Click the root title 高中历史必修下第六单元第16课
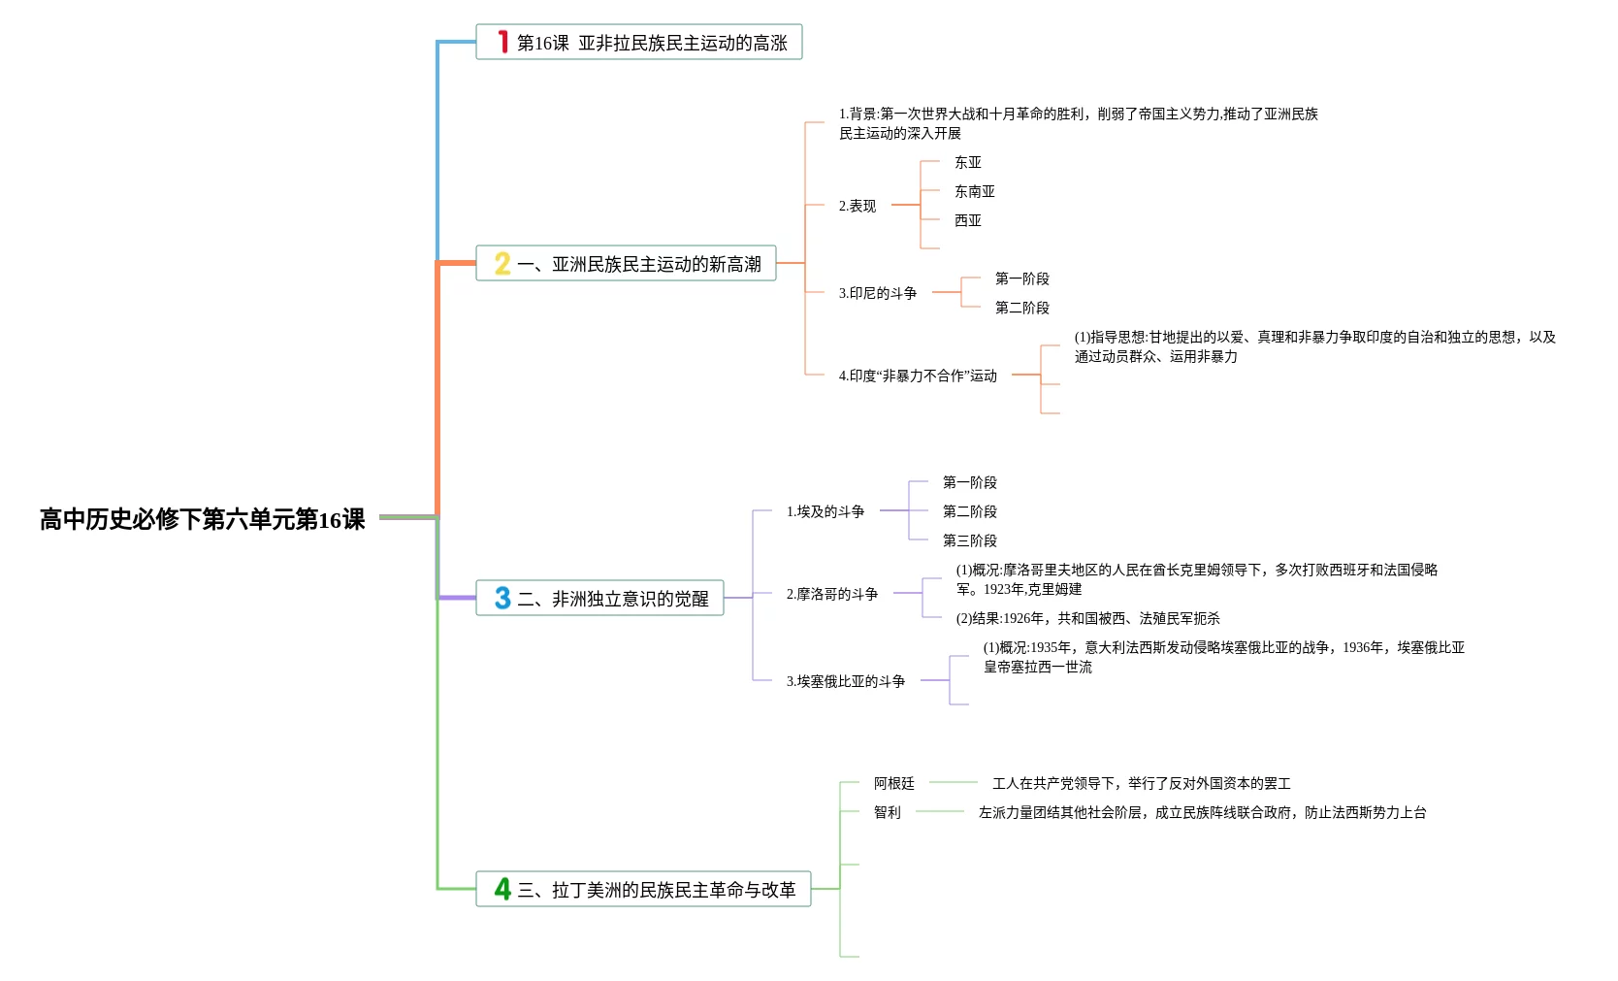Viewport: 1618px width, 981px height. click(202, 519)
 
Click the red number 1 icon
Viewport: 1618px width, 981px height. click(502, 42)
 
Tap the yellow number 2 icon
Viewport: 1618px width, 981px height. click(502, 263)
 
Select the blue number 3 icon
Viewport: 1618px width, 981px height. click(502, 598)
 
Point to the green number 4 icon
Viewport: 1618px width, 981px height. click(502, 889)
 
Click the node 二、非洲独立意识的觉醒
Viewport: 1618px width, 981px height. click(612, 599)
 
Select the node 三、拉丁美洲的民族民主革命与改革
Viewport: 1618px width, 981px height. click(656, 890)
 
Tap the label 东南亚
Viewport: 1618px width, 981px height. click(974, 191)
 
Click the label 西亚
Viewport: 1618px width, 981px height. click(967, 220)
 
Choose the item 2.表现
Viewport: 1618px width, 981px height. click(857, 206)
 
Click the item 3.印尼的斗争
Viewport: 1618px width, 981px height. click(877, 293)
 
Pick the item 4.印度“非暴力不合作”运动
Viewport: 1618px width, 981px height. click(917, 376)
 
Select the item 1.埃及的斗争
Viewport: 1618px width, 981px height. click(825, 511)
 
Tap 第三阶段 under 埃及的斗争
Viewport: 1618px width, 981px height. click(969, 540)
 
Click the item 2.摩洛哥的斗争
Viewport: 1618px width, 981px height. click(831, 594)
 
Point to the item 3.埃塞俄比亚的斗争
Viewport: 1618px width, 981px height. click(845, 681)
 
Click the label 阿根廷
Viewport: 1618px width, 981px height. click(893, 783)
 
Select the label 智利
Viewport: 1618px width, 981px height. click(887, 812)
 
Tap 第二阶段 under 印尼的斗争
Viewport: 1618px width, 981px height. click(1021, 308)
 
